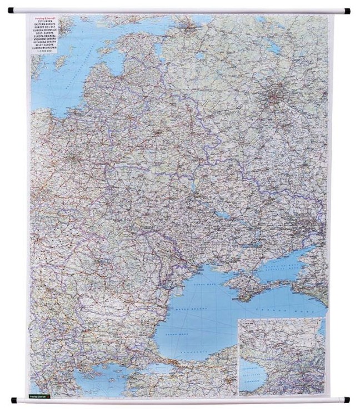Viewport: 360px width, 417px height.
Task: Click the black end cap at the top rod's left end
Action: click(x=12, y=10)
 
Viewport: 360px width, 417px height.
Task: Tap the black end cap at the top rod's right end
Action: click(x=347, y=10)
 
